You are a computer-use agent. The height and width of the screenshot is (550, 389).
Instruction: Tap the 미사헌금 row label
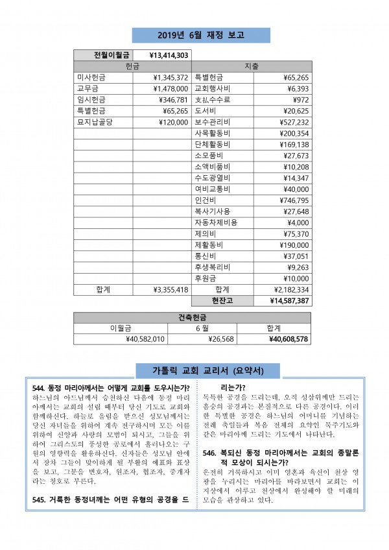[92, 77]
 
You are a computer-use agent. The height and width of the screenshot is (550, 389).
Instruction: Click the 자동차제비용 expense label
[216, 222]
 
